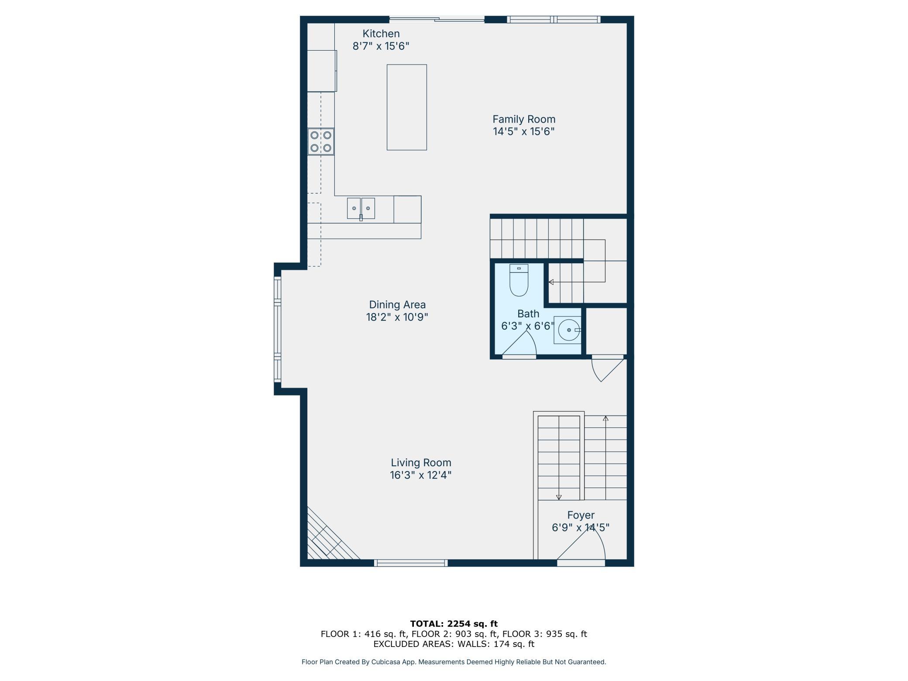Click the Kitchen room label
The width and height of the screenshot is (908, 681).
click(x=381, y=34)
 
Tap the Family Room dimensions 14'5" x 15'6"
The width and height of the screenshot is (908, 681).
click(x=524, y=131)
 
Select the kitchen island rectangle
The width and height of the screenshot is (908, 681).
click(x=406, y=107)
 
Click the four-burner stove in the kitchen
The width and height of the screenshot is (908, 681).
click(x=321, y=141)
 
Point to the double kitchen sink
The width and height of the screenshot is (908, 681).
click(x=361, y=208)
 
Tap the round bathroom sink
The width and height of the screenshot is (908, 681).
click(x=568, y=330)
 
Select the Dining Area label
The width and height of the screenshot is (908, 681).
click(x=397, y=305)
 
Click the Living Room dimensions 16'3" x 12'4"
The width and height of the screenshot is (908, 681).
click(x=420, y=475)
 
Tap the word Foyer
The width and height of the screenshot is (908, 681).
click(x=581, y=515)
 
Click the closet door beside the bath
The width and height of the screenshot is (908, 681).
click(x=608, y=368)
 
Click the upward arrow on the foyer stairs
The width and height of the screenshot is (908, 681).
click(x=605, y=458)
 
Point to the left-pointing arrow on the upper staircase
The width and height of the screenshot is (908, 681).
click(x=577, y=282)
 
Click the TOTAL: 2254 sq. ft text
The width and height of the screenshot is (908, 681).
click(x=454, y=624)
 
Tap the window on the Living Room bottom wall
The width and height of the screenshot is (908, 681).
click(x=411, y=563)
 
